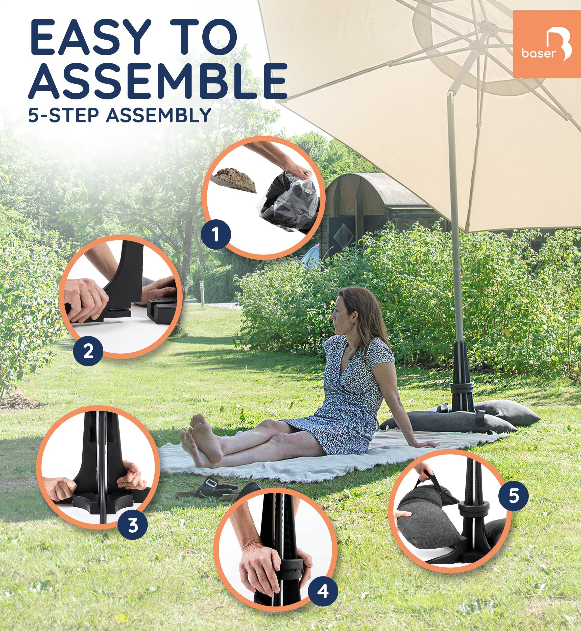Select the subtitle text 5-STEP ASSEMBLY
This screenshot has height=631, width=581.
[119, 115]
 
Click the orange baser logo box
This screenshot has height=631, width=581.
[546, 44]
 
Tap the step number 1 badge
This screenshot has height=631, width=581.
[216, 234]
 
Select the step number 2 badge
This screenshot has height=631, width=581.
[88, 351]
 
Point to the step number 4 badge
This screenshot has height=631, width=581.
[323, 591]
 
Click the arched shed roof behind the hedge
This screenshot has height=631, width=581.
[371, 185]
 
